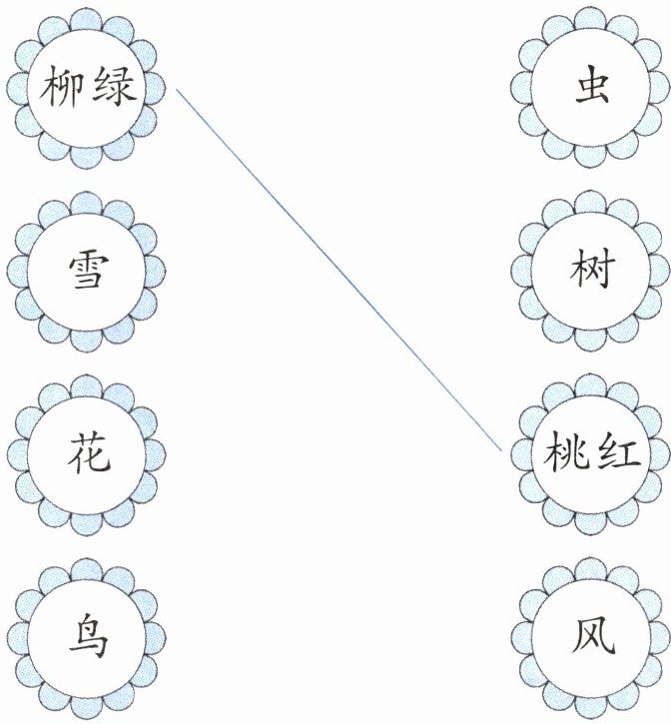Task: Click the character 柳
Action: pyautogui.click(x=63, y=91)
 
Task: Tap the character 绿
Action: pyautogui.click(x=113, y=91)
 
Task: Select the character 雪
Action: pyautogui.click(x=87, y=271)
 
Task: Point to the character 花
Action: pyautogui.click(x=87, y=454)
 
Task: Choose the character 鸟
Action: pyautogui.click(x=87, y=637)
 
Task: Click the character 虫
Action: pyautogui.click(x=590, y=91)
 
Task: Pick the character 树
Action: pyautogui.click(x=590, y=271)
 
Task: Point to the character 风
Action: pyautogui.click(x=590, y=637)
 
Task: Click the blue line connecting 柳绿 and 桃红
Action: pyautogui.click(x=339, y=270)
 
